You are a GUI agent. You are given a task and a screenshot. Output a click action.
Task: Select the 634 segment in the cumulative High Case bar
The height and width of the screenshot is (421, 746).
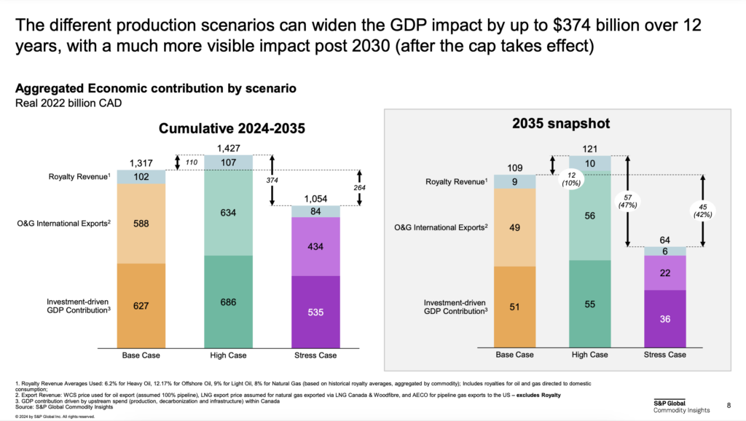pyautogui.click(x=227, y=213)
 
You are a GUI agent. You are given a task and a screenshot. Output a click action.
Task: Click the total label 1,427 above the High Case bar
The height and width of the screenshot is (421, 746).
pyautogui.click(x=227, y=149)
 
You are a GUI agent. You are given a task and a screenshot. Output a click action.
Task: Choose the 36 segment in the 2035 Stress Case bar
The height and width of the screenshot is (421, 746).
pyautogui.click(x=665, y=318)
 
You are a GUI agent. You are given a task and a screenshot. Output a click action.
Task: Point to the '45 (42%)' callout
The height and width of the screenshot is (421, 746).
pyautogui.click(x=703, y=209)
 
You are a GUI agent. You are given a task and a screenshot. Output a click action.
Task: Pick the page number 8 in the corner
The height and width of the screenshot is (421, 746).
pyautogui.click(x=730, y=405)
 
